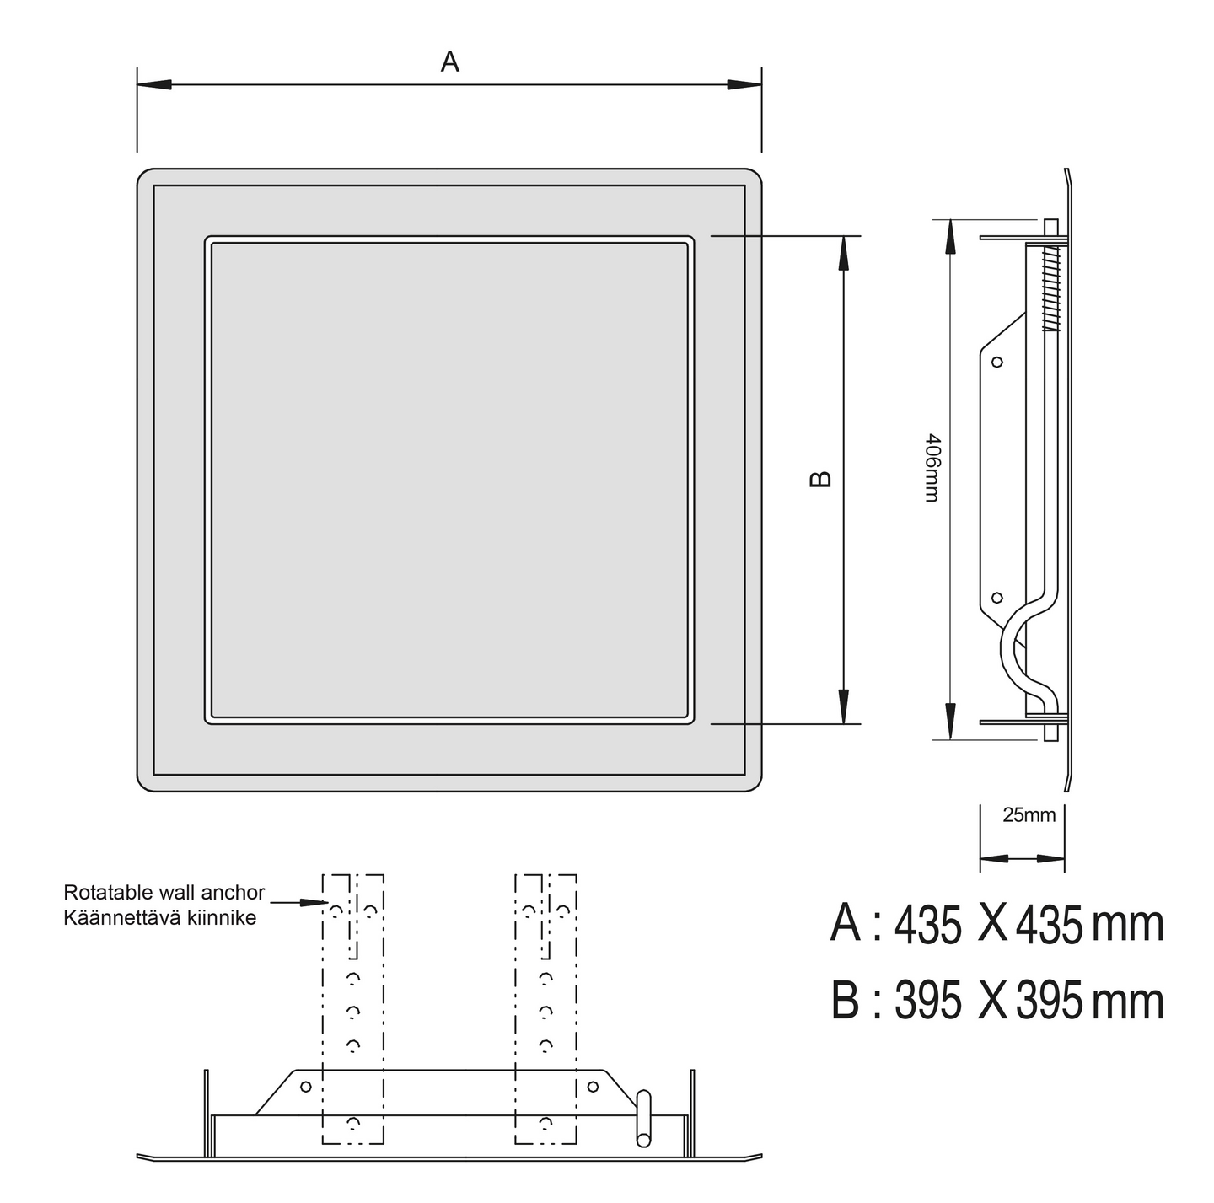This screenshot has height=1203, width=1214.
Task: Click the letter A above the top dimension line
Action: [450, 62]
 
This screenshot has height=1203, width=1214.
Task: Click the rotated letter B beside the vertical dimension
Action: [820, 480]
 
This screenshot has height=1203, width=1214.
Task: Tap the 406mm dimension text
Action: [932, 468]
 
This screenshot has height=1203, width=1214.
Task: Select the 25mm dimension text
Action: [1029, 815]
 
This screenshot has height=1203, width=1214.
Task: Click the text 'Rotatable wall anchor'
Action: [164, 892]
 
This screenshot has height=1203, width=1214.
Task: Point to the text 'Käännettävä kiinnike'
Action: [160, 918]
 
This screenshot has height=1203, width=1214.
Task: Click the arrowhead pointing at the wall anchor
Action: [313, 902]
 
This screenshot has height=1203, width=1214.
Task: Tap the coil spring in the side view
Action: [1051, 287]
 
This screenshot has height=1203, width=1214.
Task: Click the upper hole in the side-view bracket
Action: [997, 363]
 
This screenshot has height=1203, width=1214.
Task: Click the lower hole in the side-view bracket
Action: [997, 598]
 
